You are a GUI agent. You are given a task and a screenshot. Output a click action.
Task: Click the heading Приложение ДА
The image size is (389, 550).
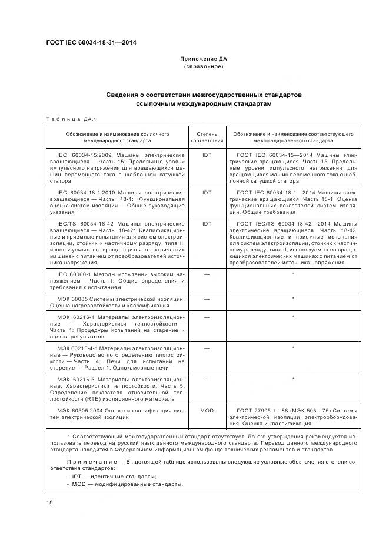click(203, 59)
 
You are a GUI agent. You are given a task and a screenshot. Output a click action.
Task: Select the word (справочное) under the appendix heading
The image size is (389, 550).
click(203, 67)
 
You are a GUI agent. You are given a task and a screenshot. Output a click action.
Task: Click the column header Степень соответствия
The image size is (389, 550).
click(207, 137)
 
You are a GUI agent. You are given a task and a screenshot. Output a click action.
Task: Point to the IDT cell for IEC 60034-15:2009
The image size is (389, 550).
click(207, 155)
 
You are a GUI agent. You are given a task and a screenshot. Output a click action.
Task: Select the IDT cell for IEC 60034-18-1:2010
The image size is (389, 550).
click(207, 192)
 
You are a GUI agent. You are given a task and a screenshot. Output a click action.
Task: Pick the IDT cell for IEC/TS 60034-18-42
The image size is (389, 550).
click(207, 224)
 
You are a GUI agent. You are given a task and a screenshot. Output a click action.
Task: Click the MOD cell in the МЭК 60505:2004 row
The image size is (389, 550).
click(207, 411)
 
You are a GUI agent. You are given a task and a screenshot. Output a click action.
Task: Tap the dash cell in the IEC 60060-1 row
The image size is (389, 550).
click(207, 274)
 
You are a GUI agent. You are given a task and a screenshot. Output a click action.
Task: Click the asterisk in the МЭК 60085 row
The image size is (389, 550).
click(293, 299)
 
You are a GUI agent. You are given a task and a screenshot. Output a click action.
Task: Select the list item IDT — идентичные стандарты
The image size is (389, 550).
click(111, 477)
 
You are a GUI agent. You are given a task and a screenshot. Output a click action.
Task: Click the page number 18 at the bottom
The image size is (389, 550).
click(49, 502)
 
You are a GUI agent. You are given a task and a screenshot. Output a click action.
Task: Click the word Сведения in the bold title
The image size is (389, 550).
click(125, 94)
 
